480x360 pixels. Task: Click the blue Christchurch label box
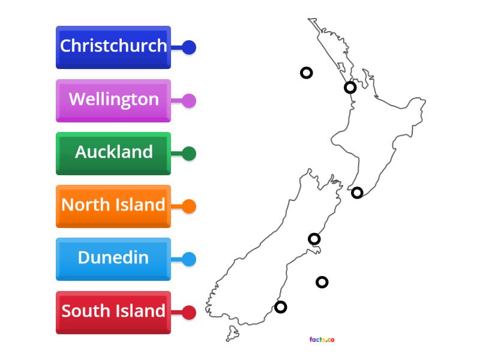click(x=113, y=47)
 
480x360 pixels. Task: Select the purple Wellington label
click(x=113, y=100)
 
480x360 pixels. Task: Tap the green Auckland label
click(x=113, y=153)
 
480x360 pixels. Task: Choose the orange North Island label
click(x=113, y=206)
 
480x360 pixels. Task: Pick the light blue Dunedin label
click(x=113, y=259)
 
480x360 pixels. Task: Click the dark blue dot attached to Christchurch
click(x=189, y=47)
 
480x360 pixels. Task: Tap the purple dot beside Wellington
click(x=189, y=101)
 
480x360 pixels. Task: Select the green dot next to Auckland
click(x=189, y=154)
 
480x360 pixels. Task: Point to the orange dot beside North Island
click(x=189, y=206)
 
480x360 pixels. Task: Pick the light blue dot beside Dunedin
click(x=189, y=259)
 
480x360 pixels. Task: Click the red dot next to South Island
click(x=189, y=313)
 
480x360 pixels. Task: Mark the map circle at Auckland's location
click(x=350, y=88)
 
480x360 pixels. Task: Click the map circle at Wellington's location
click(x=357, y=193)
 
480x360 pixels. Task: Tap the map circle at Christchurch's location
click(x=314, y=239)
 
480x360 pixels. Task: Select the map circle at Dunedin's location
click(x=280, y=307)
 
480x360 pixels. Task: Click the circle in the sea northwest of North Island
click(x=306, y=73)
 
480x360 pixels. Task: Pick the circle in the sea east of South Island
click(x=322, y=282)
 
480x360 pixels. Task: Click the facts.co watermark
click(x=322, y=340)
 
